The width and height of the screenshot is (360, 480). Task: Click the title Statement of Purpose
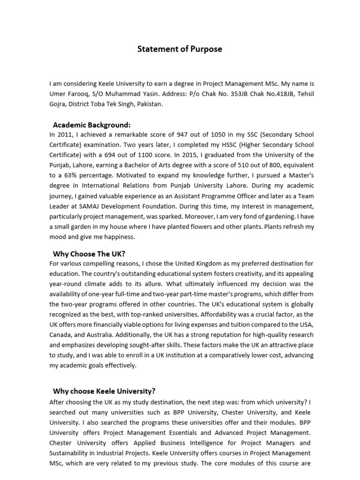pos(180,49)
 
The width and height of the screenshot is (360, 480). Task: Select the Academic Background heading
pos(91,125)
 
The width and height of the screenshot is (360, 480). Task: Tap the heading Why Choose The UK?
pos(89,254)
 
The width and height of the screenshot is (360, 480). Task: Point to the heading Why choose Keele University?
pos(104,391)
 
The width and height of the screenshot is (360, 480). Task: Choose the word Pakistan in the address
pos(149,104)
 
